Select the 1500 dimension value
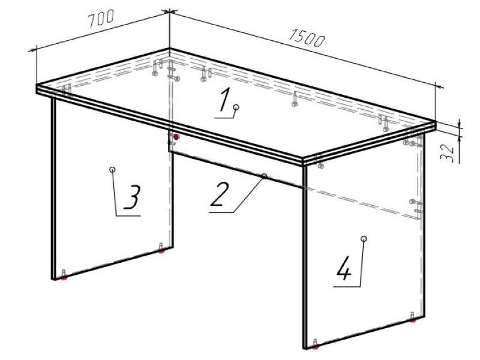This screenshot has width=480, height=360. [x=307, y=38]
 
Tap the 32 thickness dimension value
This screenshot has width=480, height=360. [x=447, y=153]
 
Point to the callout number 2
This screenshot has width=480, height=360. [x=220, y=194]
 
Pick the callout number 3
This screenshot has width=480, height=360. [x=132, y=197]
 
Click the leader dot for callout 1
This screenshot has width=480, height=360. [x=236, y=107]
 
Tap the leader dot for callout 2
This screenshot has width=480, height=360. [x=264, y=176]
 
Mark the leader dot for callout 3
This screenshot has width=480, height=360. [x=112, y=169]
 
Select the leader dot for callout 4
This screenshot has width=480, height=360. [x=364, y=239]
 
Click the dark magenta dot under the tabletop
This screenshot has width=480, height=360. [x=176, y=137]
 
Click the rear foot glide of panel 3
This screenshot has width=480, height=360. [x=161, y=251]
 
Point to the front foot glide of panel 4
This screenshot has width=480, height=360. [x=316, y=347]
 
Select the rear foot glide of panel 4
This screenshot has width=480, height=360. [x=413, y=320]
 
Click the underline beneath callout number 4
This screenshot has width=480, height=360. [x=347, y=287]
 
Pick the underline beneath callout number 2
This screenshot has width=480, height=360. [x=221, y=212]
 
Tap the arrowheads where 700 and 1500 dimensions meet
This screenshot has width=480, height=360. [x=169, y=11]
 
